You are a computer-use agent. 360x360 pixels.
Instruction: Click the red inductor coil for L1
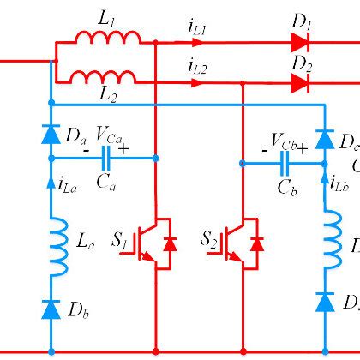(107, 37)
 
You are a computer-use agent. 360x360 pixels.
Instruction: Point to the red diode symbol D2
(299, 83)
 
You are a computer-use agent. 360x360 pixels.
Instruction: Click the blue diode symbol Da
(51, 134)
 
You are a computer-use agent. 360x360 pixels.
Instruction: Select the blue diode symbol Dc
(324, 139)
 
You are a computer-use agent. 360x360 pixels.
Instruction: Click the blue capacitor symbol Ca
(107, 158)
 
